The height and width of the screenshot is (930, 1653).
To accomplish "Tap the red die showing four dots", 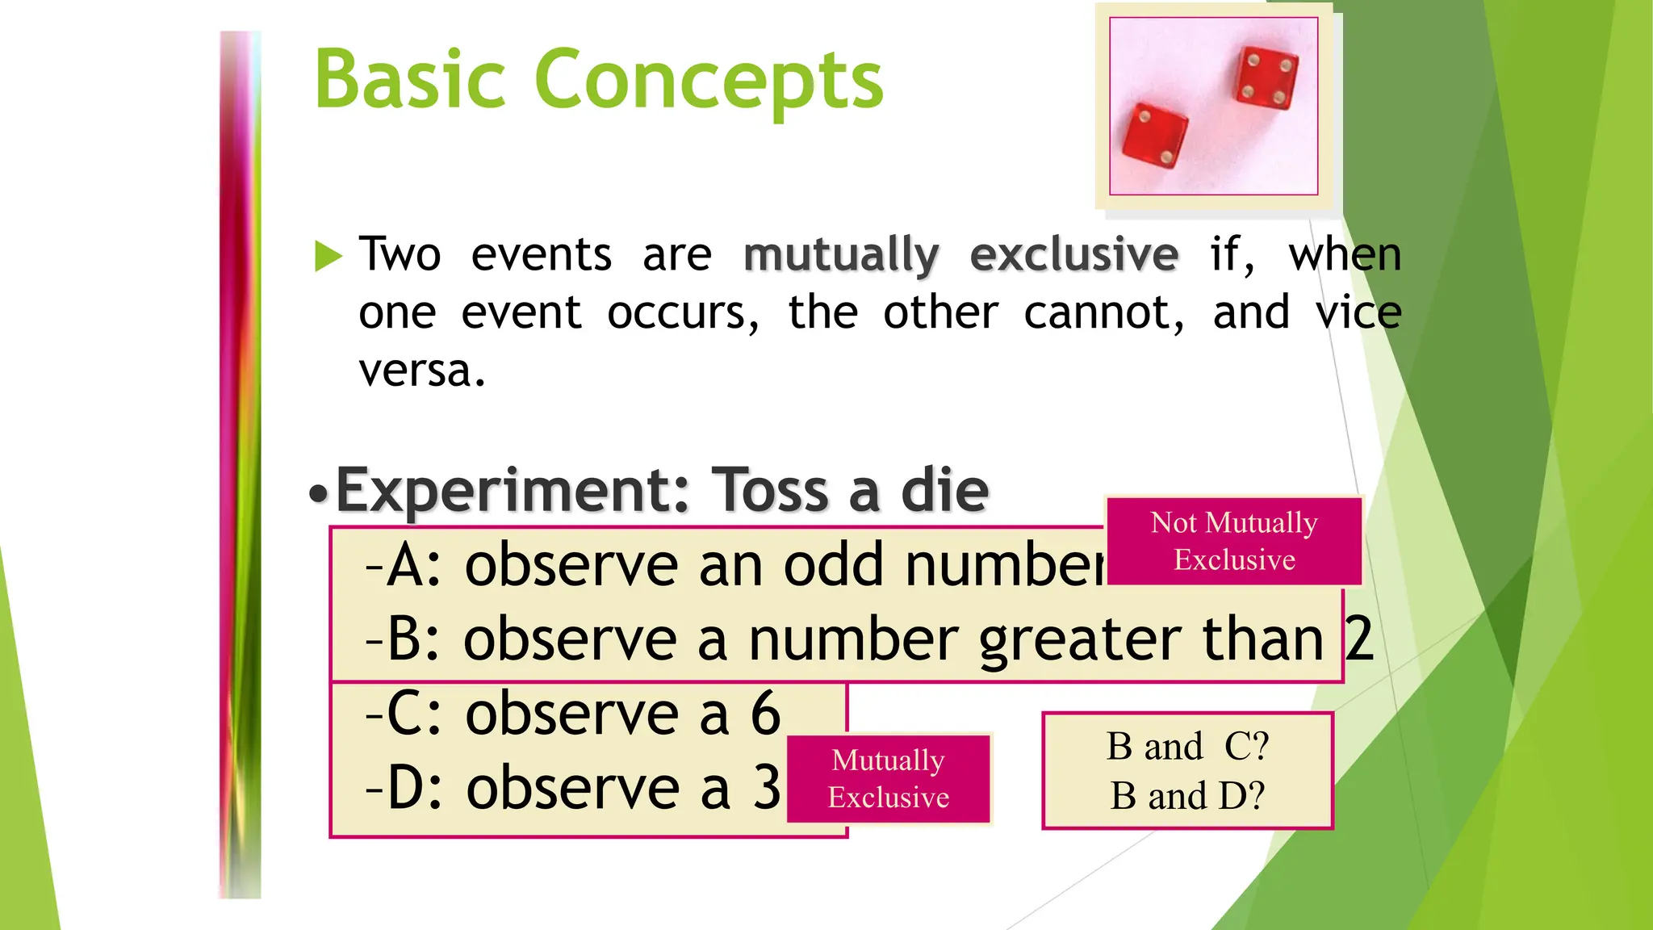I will click(x=1266, y=78).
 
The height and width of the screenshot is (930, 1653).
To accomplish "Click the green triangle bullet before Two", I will click(x=328, y=256).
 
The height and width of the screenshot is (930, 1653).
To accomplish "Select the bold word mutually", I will click(x=841, y=255).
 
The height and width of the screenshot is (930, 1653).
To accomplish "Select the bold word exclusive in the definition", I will click(x=1073, y=255).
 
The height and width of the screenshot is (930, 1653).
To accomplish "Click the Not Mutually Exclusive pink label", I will click(x=1234, y=541).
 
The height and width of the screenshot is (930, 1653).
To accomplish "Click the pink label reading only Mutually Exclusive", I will click(x=888, y=778).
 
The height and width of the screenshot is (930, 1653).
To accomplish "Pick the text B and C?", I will click(x=1187, y=746).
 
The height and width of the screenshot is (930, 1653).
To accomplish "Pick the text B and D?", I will click(x=1187, y=796).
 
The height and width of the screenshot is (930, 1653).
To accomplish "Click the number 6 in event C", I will click(x=765, y=714).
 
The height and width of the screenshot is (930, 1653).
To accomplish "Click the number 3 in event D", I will click(x=767, y=788).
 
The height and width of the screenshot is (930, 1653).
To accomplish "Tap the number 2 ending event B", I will click(x=1359, y=639).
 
